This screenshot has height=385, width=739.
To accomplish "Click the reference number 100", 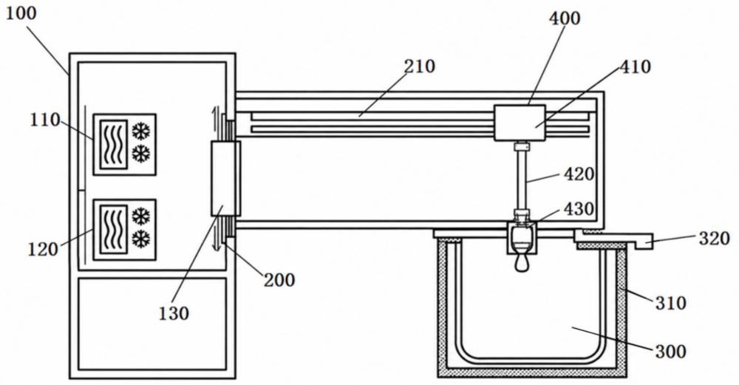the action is pyautogui.click(x=20, y=13).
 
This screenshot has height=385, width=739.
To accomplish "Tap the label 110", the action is pyautogui.click(x=45, y=120).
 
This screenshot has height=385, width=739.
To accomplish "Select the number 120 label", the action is pyautogui.click(x=43, y=249).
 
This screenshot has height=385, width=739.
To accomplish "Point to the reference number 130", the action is pyautogui.click(x=174, y=313).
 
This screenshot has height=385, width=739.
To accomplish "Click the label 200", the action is pyautogui.click(x=279, y=280).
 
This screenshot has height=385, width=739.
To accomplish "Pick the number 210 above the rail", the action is pyautogui.click(x=420, y=67).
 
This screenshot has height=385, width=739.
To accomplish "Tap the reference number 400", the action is pyautogui.click(x=565, y=18).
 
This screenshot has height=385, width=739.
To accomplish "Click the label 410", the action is pyautogui.click(x=635, y=67).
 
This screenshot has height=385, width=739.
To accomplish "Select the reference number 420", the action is pyautogui.click(x=579, y=174).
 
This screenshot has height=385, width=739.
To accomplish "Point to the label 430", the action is pyautogui.click(x=579, y=208).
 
